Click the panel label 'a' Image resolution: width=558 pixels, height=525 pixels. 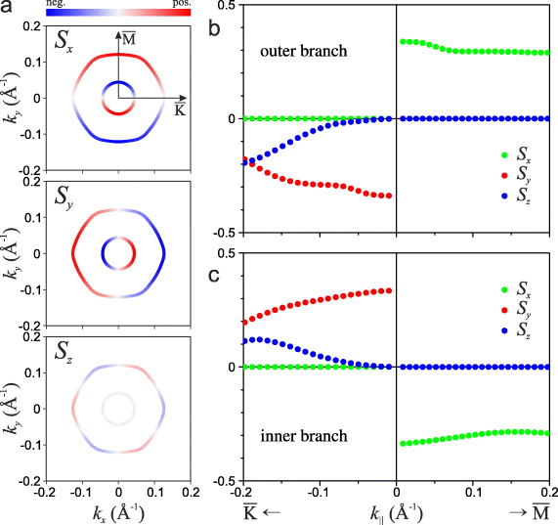tap(7, 8)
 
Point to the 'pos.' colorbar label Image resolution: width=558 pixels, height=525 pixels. tap(180, 4)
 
